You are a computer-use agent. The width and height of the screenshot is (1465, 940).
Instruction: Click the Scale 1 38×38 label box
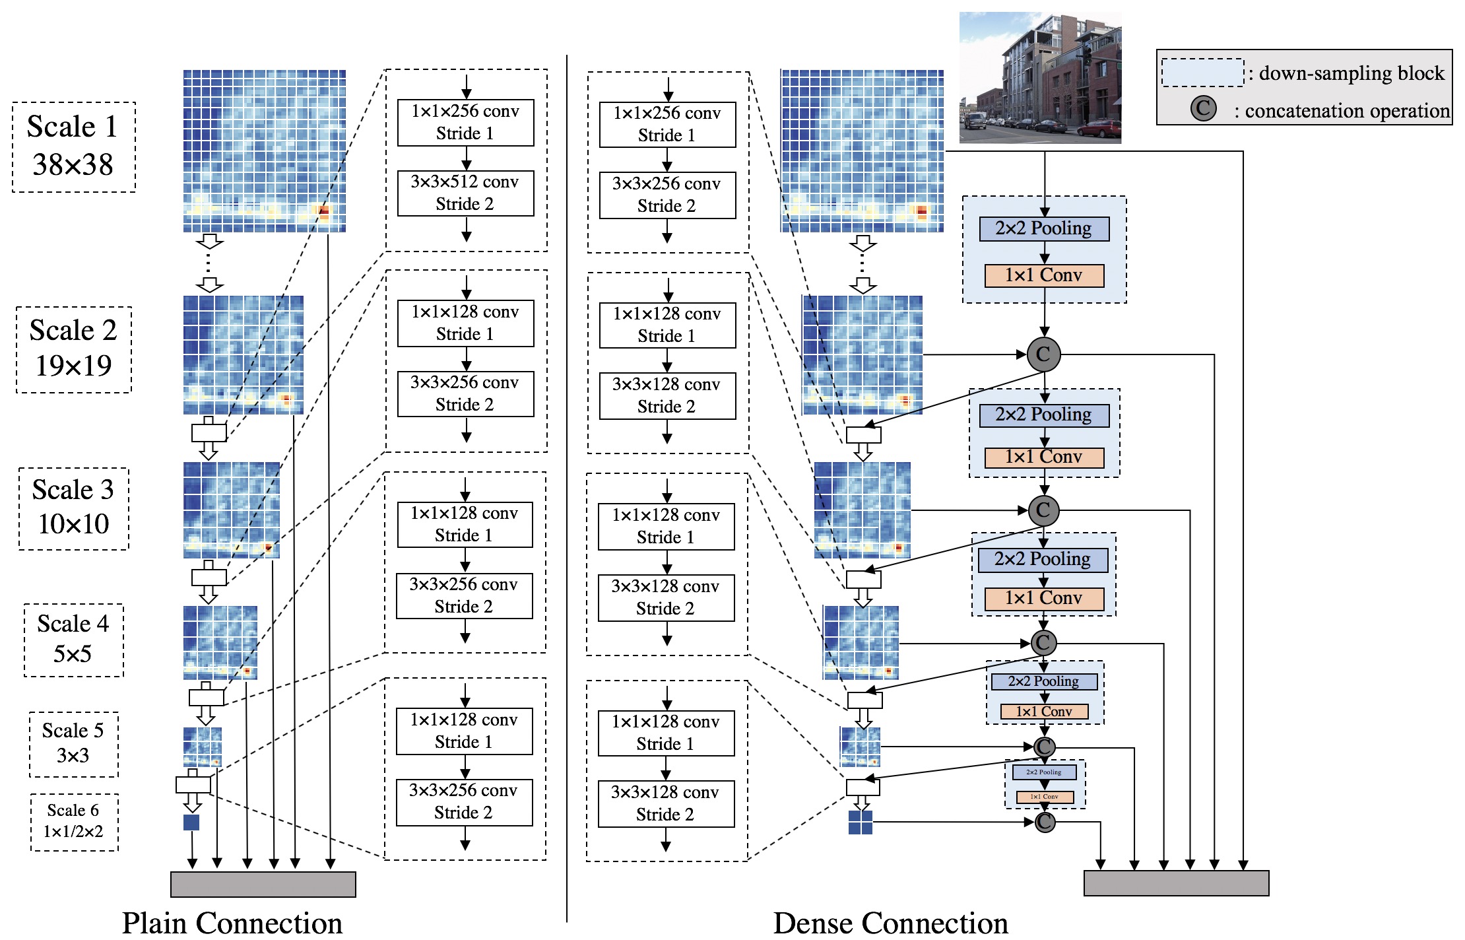(74, 147)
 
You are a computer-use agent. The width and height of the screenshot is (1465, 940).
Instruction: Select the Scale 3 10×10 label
(73, 508)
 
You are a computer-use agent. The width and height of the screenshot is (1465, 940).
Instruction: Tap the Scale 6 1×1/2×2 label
(74, 821)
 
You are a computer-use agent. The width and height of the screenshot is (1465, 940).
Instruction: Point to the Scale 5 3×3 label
(73, 743)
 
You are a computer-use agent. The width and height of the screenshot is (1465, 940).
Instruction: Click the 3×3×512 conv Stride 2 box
(465, 193)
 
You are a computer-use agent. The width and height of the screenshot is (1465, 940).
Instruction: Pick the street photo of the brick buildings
(1039, 77)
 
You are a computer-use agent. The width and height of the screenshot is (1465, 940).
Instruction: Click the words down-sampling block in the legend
(1351, 73)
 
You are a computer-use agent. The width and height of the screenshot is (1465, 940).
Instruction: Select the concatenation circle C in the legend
(1203, 109)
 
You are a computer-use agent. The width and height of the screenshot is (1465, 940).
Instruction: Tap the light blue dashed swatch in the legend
(1202, 73)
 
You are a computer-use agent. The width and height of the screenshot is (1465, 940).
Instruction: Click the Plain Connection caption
(232, 922)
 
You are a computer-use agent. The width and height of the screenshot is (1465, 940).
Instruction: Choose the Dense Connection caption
(890, 922)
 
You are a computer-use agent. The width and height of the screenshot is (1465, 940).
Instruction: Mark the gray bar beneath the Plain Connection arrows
(263, 884)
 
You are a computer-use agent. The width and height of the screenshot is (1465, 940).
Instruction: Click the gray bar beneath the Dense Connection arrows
(1176, 883)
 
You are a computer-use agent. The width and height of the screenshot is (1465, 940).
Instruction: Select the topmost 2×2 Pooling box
(1043, 228)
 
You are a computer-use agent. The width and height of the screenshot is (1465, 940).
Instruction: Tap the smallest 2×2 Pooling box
(1044, 772)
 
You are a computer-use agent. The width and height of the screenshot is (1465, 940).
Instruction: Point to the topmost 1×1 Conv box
(1043, 275)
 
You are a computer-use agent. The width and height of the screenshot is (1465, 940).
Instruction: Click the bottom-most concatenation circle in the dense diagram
(1045, 822)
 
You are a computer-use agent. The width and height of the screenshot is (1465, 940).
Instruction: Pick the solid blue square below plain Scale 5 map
(191, 822)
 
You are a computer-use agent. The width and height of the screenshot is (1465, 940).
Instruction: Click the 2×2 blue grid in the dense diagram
(860, 822)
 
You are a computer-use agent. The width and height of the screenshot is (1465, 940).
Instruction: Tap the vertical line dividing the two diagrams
(567, 488)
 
